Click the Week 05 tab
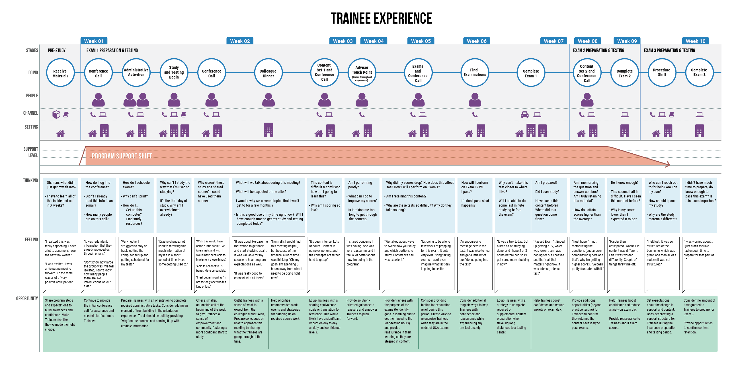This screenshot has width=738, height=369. (x=421, y=41)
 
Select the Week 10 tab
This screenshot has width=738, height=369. (x=695, y=41)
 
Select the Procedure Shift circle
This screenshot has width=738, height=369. (x=661, y=73)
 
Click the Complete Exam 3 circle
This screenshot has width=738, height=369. (x=699, y=73)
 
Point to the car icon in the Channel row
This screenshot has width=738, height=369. (x=524, y=114)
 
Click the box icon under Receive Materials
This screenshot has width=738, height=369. (x=56, y=114)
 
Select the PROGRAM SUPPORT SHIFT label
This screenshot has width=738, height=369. (x=122, y=156)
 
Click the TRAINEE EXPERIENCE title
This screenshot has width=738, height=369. (x=381, y=18)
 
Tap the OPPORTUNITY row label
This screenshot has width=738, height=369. (x=27, y=298)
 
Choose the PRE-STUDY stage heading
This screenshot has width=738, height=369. (x=57, y=50)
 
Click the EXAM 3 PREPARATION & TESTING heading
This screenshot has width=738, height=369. (x=669, y=50)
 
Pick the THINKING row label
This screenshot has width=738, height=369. (x=30, y=180)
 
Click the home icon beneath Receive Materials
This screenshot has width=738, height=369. (x=60, y=133)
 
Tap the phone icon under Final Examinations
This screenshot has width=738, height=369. (x=475, y=114)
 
